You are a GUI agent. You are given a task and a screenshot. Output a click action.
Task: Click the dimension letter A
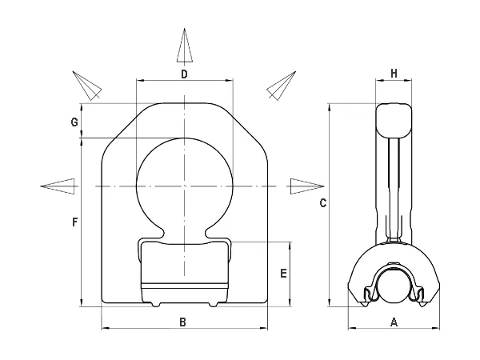[x=394, y=322]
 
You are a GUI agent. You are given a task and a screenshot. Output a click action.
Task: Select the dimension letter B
[x=182, y=322]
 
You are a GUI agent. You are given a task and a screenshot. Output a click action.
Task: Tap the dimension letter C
[x=323, y=203]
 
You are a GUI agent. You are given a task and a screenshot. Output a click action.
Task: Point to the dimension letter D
[x=184, y=74]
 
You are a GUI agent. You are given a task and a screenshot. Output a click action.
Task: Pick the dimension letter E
[x=284, y=274]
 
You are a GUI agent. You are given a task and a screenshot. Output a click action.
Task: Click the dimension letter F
[x=74, y=222]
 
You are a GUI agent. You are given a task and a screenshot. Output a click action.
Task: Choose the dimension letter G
[x=74, y=122]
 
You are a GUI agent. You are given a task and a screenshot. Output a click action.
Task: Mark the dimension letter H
[x=394, y=74]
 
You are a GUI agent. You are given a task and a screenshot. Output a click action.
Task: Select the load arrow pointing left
[x=58, y=186]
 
